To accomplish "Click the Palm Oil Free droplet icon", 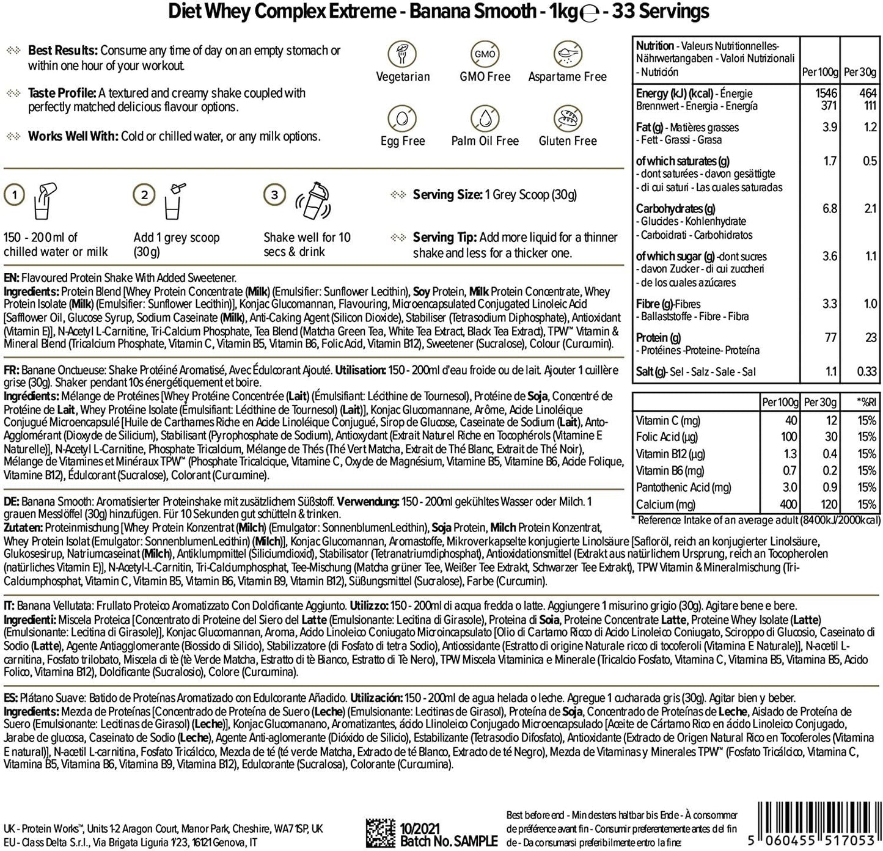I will [x=485, y=119].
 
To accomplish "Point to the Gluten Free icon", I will [x=567, y=119].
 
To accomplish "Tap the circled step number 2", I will [x=144, y=195].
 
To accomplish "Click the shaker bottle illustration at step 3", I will [x=313, y=200].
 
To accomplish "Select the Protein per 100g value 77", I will [x=830, y=338].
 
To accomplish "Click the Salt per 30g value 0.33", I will [x=866, y=371].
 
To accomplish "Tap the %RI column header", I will [x=866, y=403].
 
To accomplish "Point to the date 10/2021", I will [x=420, y=828].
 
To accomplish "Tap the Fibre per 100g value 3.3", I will [x=830, y=304].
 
